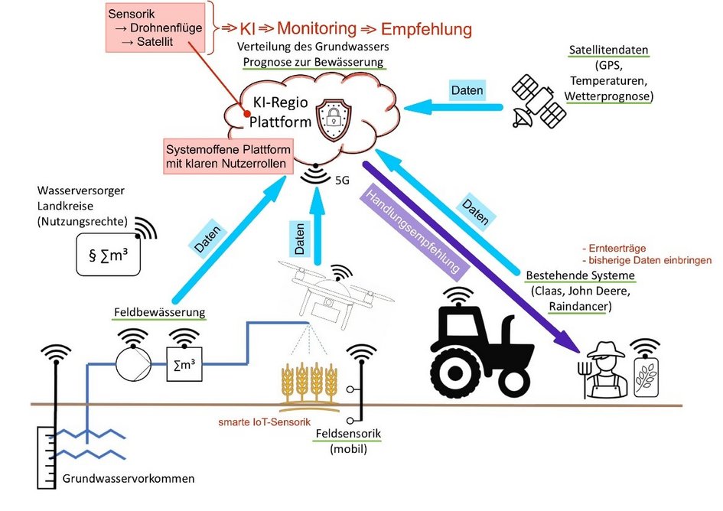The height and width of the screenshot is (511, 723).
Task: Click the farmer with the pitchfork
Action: tap(603, 370)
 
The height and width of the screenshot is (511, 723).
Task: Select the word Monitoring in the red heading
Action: tap(316, 29)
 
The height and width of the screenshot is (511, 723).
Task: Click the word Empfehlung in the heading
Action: tap(426, 29)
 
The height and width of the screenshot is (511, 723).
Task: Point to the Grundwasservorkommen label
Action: tap(129, 479)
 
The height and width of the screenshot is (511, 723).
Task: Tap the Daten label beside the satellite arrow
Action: tap(467, 90)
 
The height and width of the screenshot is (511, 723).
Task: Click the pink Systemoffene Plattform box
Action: tap(227, 157)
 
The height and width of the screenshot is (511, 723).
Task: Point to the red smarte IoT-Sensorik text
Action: tap(262, 420)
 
